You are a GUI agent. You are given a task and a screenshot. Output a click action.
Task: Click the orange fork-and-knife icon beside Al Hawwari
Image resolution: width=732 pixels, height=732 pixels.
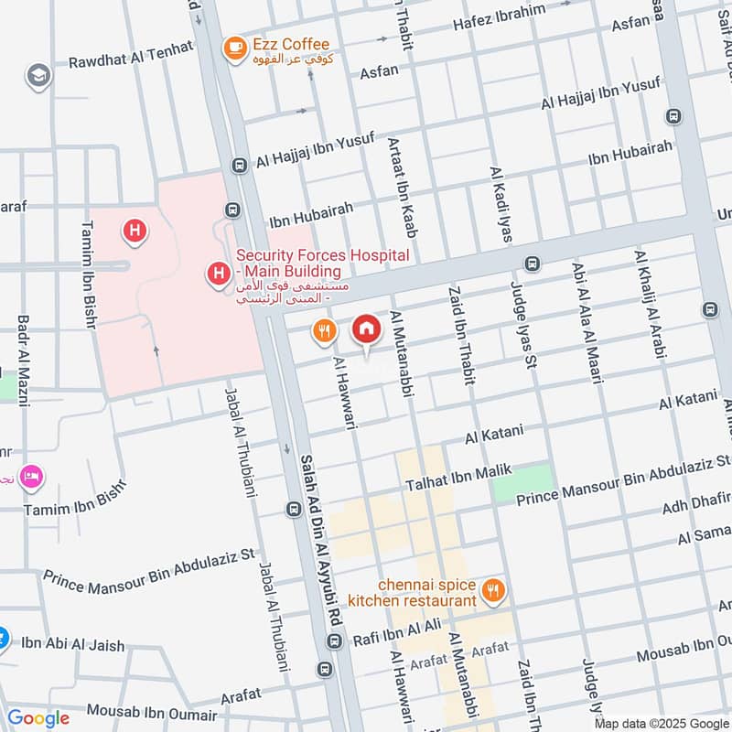pyautogui.click(x=323, y=331)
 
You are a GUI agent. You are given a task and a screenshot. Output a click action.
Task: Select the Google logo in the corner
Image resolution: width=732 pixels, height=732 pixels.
pyautogui.click(x=38, y=718)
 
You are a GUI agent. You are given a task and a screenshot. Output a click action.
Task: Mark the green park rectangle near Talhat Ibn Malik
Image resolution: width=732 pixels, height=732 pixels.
pyautogui.click(x=523, y=481)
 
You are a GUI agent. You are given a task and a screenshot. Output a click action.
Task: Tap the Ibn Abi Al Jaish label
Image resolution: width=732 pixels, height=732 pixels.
pyautogui.click(x=72, y=645)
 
